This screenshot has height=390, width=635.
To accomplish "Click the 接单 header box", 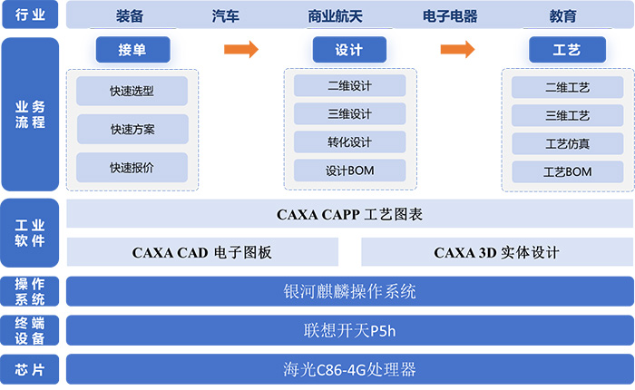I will pos(132,50).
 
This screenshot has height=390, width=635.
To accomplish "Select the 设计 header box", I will pos(349,50).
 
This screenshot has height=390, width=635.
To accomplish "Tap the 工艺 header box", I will pos(566,50).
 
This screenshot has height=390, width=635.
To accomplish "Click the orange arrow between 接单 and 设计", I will pos(241,50).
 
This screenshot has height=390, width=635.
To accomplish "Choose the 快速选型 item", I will pos(132,91).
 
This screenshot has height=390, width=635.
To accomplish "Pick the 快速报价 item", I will pos(132,167).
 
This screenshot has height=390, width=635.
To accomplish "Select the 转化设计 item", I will pos(349,142).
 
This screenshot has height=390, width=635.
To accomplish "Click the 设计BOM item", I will pos(349,171).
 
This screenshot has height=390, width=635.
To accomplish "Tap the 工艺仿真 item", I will pos(567,143).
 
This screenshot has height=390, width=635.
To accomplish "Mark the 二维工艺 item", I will pos(567,88).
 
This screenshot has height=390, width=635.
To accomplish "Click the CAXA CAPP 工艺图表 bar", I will pos(349,215).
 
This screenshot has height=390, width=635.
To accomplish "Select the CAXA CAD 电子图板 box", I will pos(202,252).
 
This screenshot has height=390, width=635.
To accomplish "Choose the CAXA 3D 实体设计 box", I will pos(496,252).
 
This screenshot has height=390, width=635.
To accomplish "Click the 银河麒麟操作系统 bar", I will pos(349,292).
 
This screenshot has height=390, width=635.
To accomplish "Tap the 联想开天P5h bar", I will pos(349,331).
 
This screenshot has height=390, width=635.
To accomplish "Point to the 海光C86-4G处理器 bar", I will pos(349,370).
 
